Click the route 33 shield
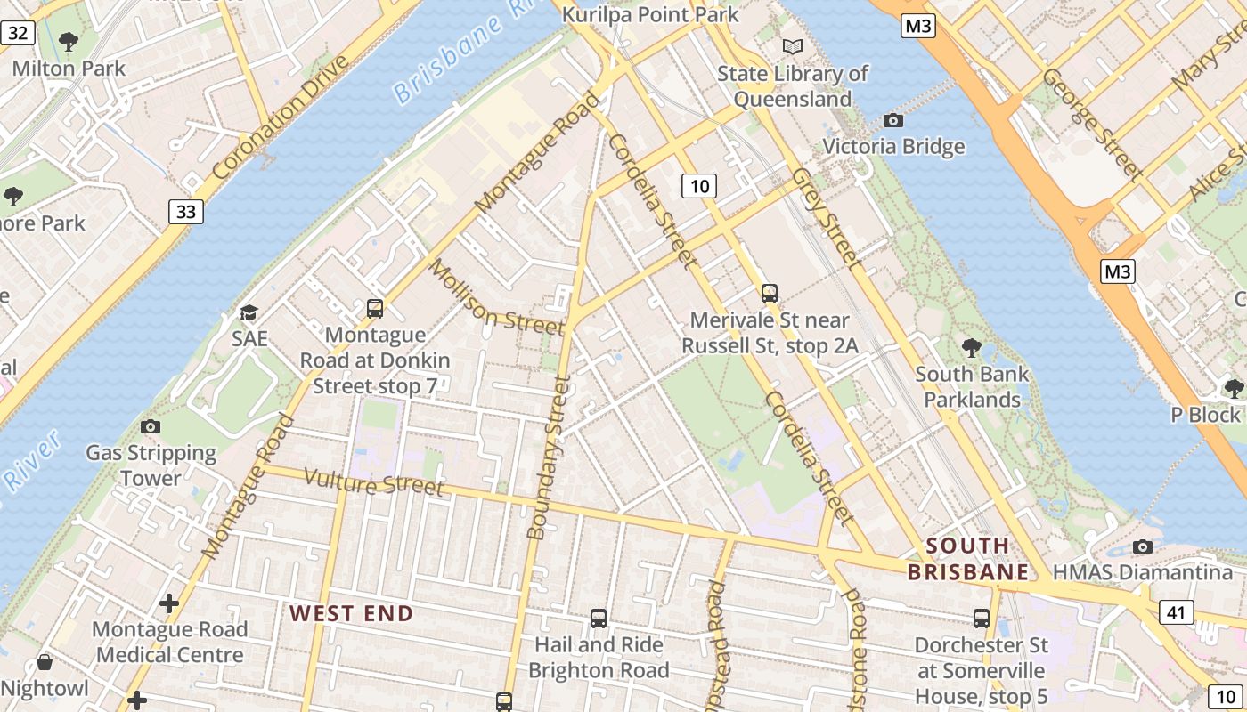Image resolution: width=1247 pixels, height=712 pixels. point(185,212)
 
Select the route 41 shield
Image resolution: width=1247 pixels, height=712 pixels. point(1176,611)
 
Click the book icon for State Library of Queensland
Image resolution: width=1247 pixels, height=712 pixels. point(792,46)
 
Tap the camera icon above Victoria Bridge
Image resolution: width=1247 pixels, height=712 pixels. point(892,120)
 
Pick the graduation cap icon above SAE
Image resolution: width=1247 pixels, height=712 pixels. point(249,312)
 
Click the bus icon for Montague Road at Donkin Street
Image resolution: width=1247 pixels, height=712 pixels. point(375,309)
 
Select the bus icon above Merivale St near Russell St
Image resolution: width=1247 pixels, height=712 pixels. point(770,293)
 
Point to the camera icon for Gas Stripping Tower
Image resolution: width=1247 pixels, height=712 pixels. point(151,426)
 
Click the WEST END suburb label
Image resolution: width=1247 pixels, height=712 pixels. point(351,613)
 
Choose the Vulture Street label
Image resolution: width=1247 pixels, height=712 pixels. point(373,481)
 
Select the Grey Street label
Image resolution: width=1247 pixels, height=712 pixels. point(827,219)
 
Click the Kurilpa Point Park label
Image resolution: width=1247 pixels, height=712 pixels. point(650,14)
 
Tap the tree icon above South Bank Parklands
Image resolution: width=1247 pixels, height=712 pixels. point(971,347)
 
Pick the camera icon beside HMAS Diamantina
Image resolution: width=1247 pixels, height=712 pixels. point(1142,546)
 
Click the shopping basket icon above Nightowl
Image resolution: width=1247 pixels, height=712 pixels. point(44,662)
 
